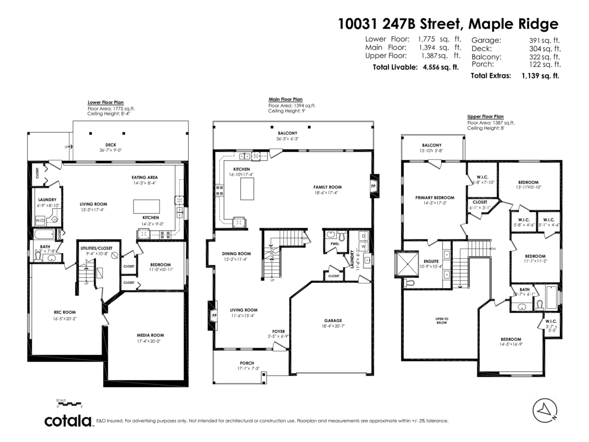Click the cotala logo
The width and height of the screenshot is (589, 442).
[68, 421]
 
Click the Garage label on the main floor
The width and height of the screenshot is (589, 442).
[333, 320]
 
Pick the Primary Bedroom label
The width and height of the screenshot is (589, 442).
[434, 197]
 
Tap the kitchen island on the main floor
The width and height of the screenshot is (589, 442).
[247, 189]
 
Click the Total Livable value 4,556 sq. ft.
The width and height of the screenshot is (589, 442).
[441, 67]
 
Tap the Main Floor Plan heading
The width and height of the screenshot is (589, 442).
[285, 99]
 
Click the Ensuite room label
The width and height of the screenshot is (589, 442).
[430, 261]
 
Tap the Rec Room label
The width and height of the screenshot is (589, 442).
[64, 312]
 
